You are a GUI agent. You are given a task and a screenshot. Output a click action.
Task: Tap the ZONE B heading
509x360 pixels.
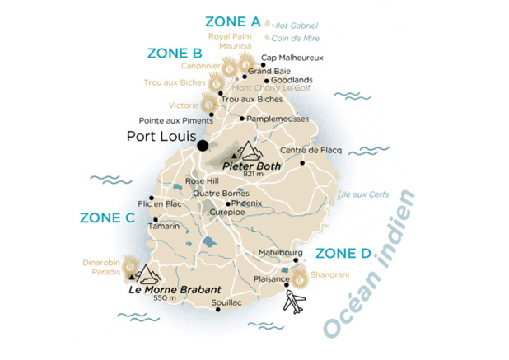(x=175, y=54)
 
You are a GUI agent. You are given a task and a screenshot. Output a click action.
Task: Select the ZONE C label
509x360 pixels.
(x=107, y=218)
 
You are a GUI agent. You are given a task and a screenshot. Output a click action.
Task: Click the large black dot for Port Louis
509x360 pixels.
(x=203, y=146)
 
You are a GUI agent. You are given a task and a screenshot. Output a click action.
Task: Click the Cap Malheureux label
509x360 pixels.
(x=292, y=58)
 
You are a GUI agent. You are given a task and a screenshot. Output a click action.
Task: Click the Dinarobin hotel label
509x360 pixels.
(x=100, y=264)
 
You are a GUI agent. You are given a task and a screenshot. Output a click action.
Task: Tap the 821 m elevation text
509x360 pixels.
(x=252, y=174)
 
